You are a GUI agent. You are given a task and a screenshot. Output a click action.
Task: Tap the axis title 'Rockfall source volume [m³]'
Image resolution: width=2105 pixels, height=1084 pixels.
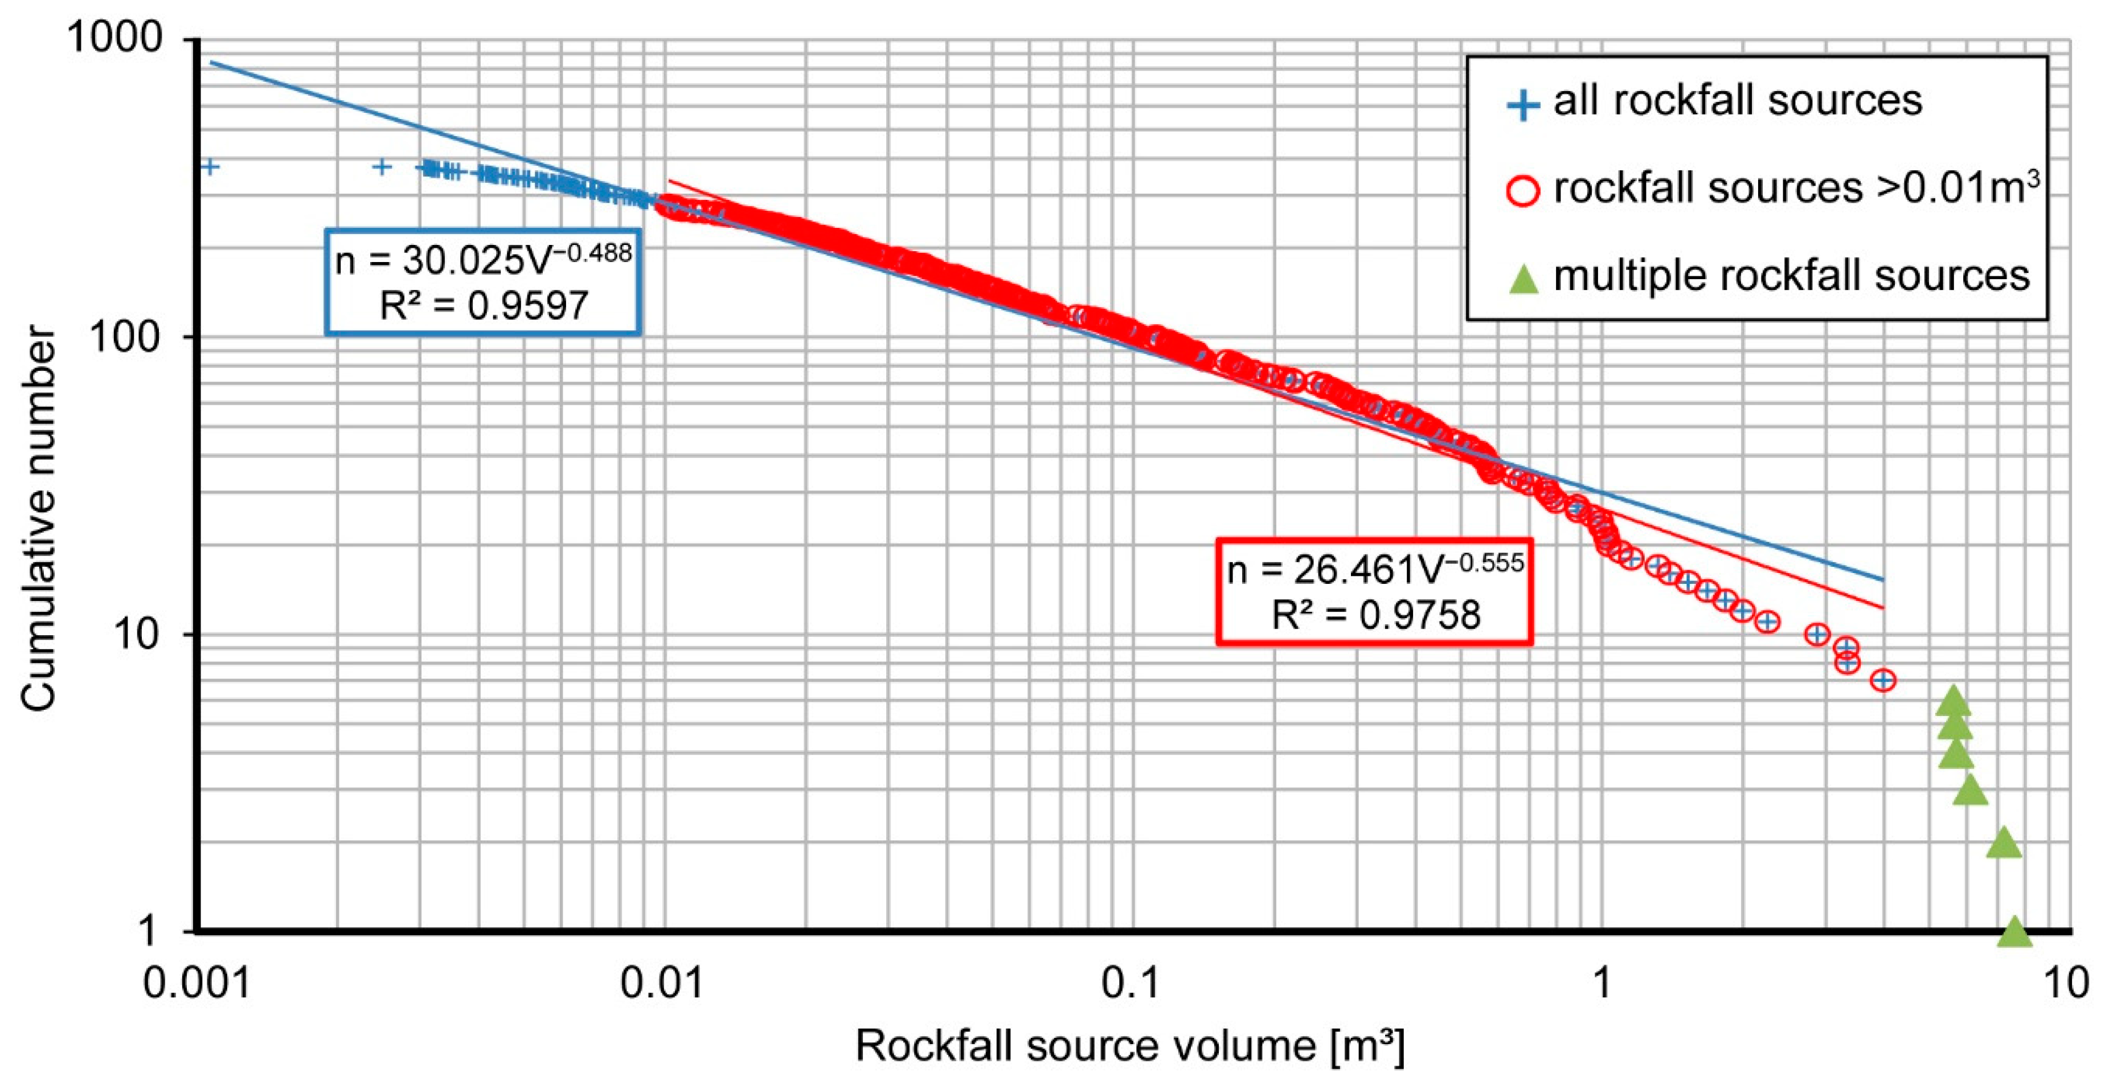pos(1130,1046)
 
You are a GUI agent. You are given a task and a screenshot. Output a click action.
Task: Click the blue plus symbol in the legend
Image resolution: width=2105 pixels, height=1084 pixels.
pos(1523,104)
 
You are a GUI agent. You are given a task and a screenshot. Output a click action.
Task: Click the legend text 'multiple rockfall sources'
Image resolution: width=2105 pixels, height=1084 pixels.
pos(1791,276)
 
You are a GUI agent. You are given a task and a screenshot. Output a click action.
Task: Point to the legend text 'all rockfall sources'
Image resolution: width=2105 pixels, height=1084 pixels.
pos(1737,101)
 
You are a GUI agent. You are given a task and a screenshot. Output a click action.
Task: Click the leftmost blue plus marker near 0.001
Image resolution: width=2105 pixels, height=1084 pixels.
pos(210,167)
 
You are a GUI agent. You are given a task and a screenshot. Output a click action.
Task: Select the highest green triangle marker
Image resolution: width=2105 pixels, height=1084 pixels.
pos(1953,701)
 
